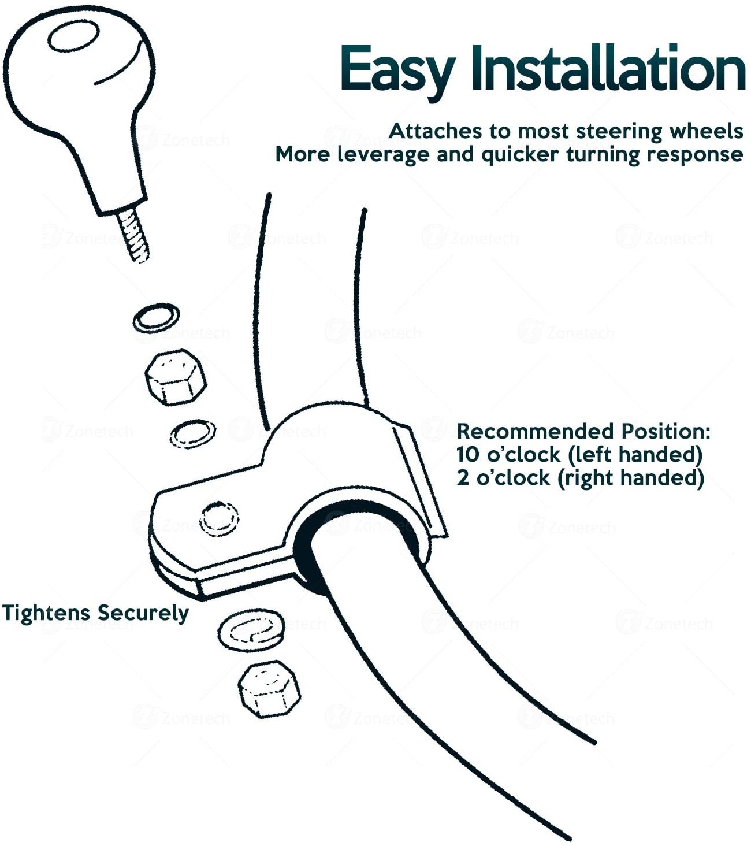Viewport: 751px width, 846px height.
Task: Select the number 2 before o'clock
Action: pos(463,478)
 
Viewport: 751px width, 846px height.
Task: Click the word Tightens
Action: pos(46,614)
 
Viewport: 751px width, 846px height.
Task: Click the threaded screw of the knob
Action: pos(133,235)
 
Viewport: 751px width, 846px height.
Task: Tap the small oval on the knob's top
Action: pos(73,36)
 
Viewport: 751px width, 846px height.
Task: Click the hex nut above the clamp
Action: pos(176,377)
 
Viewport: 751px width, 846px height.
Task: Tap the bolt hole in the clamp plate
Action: pos(219,519)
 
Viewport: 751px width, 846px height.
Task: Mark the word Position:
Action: pos(666,431)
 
